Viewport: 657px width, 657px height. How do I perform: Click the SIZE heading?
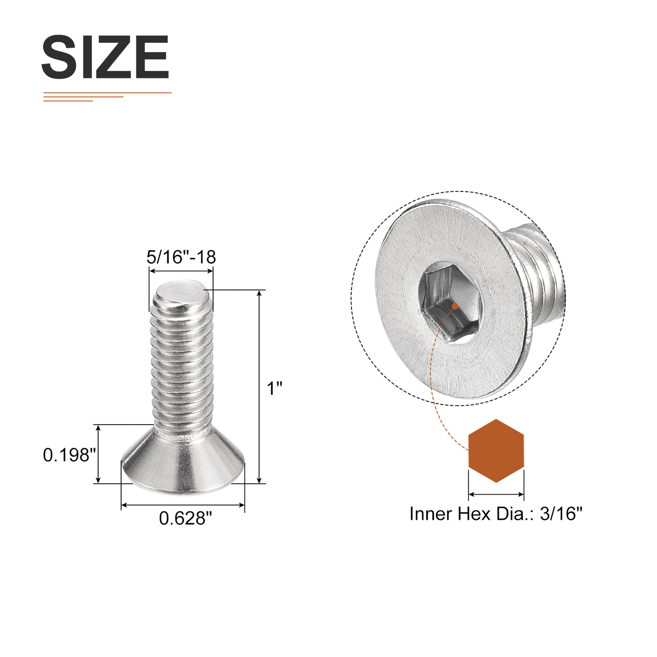pyautogui.click(x=105, y=57)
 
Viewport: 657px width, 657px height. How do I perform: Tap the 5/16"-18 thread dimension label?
pyautogui.click(x=181, y=257)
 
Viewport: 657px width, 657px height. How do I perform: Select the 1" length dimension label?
pyautogui.click(x=275, y=389)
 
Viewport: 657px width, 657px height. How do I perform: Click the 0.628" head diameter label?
pyautogui.click(x=185, y=518)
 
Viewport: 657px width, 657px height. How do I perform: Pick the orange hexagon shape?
pyautogui.click(x=496, y=451)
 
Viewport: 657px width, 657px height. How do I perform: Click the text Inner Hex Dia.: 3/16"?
pyautogui.click(x=496, y=514)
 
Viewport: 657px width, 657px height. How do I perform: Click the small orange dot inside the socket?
pyautogui.click(x=454, y=306)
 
